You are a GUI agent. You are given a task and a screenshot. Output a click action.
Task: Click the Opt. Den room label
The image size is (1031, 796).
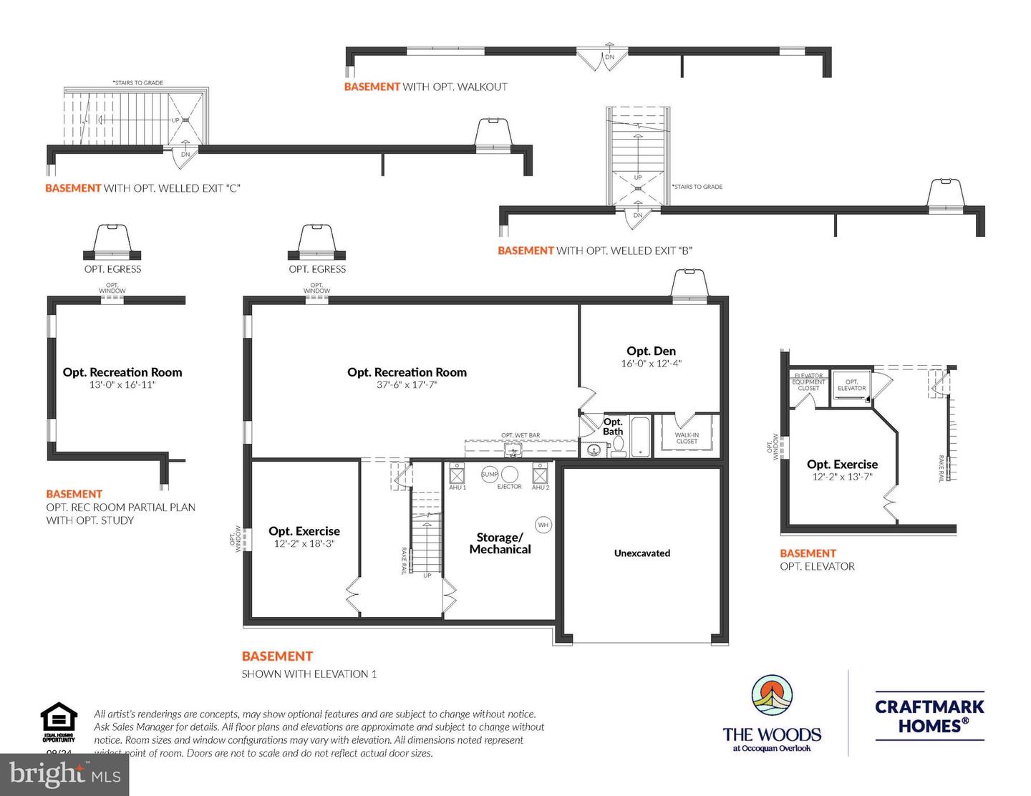(651, 351)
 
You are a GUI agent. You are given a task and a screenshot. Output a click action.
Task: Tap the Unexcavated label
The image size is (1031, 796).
(642, 553)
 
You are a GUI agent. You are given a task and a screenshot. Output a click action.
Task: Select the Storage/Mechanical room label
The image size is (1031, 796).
(500, 543)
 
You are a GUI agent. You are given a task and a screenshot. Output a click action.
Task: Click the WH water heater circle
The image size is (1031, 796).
(543, 525)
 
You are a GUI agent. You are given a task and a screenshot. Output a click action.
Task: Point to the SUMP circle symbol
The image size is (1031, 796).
(490, 474)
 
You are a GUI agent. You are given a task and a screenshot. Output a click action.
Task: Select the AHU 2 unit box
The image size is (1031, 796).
(541, 474)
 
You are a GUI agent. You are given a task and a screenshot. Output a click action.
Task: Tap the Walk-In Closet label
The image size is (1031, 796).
(687, 438)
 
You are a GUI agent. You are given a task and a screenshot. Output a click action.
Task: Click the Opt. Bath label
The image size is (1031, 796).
(613, 427)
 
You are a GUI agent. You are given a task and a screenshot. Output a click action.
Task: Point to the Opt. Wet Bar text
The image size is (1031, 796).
(521, 435)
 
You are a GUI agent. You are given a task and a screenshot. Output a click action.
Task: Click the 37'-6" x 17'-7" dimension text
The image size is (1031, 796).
(407, 385)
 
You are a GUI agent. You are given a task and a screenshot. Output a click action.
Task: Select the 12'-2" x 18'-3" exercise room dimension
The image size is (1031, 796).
(304, 544)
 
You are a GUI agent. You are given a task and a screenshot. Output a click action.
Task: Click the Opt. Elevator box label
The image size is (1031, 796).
(851, 385)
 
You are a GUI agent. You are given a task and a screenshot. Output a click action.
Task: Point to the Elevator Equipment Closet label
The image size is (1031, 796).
(808, 382)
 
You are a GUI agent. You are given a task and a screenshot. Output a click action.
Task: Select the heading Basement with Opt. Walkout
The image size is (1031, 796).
(425, 87)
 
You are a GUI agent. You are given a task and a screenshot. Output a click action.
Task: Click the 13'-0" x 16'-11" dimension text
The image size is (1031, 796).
(122, 385)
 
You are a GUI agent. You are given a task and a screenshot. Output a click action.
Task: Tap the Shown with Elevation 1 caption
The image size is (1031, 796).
(309, 674)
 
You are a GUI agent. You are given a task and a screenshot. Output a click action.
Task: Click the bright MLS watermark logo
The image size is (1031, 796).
(64, 774)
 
